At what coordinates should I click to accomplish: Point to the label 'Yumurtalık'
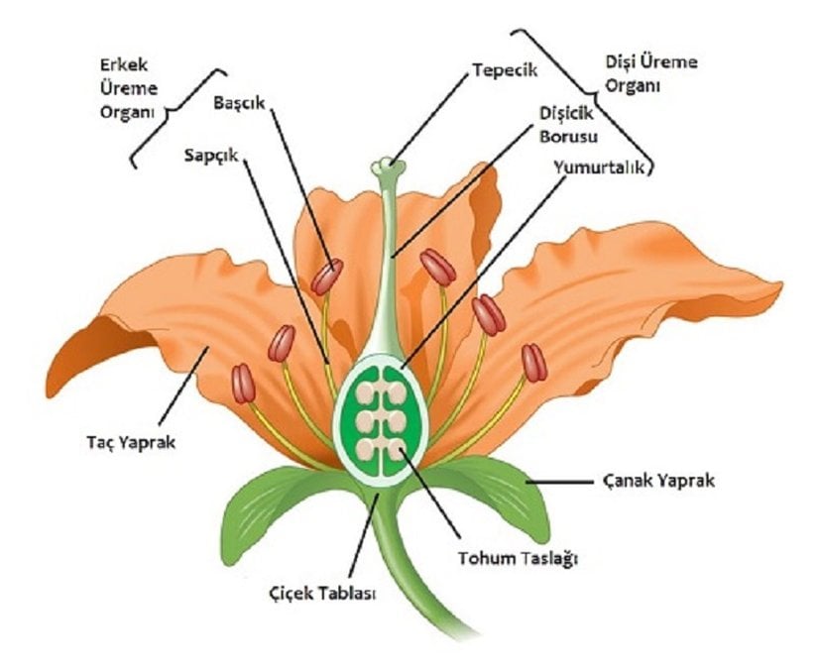tap(601, 168)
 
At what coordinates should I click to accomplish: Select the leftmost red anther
tap(243, 383)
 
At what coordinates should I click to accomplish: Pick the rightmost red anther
tap(534, 363)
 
